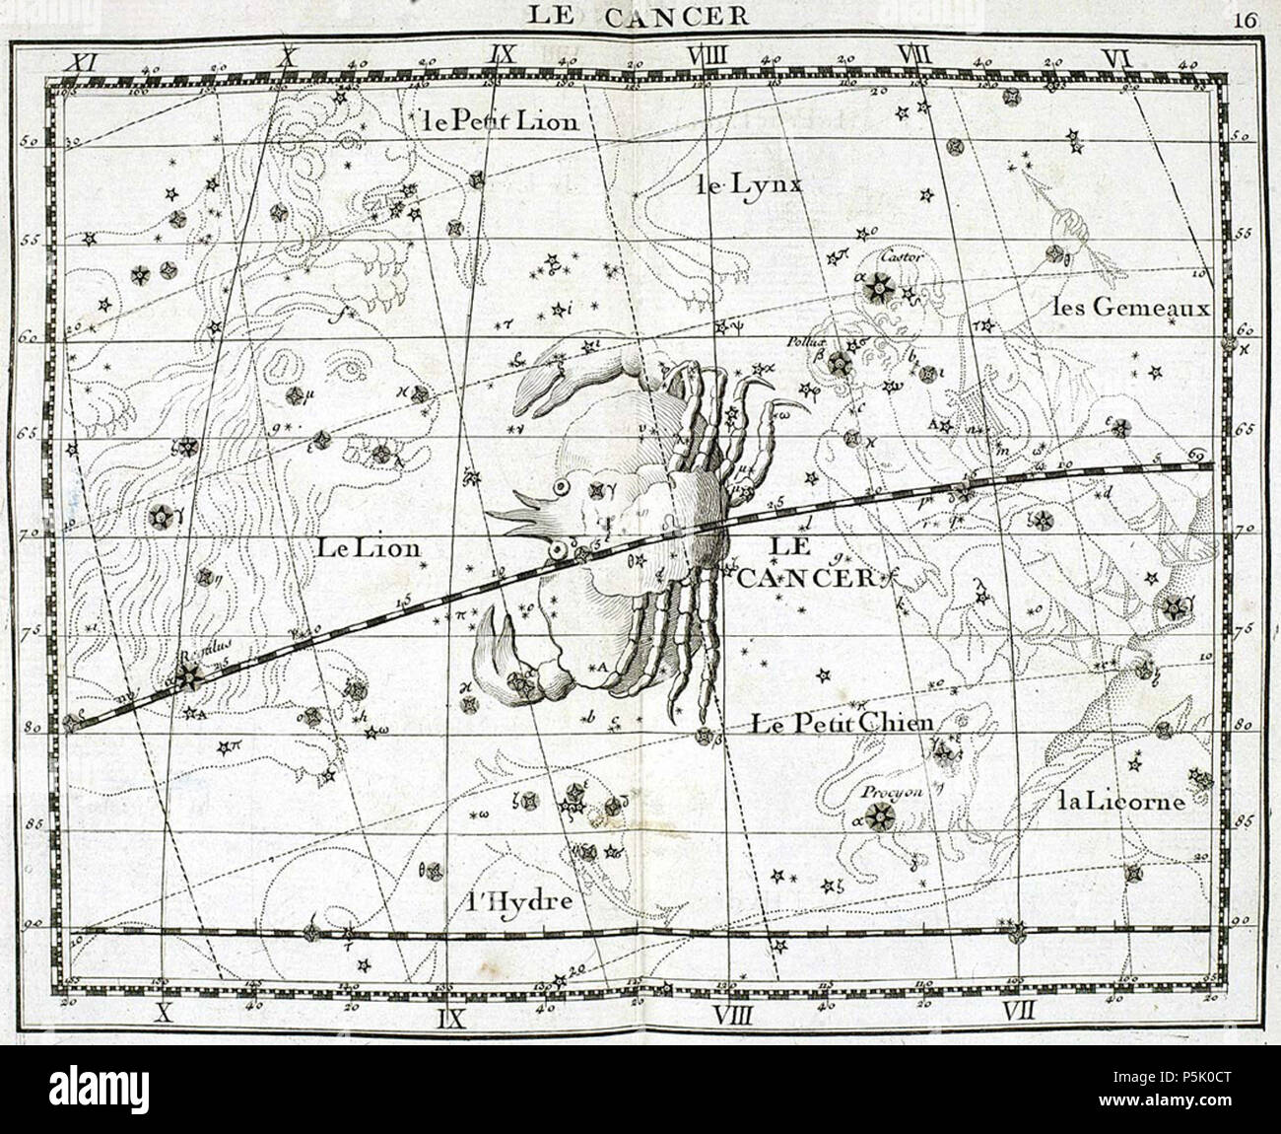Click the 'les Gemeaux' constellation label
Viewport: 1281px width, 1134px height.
point(1130,307)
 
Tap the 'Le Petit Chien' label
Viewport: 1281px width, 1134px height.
point(841,723)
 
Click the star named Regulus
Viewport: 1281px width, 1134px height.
point(187,675)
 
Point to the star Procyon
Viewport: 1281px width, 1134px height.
point(879,815)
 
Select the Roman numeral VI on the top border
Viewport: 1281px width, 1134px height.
point(1117,58)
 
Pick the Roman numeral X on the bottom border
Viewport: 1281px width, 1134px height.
point(166,1012)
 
